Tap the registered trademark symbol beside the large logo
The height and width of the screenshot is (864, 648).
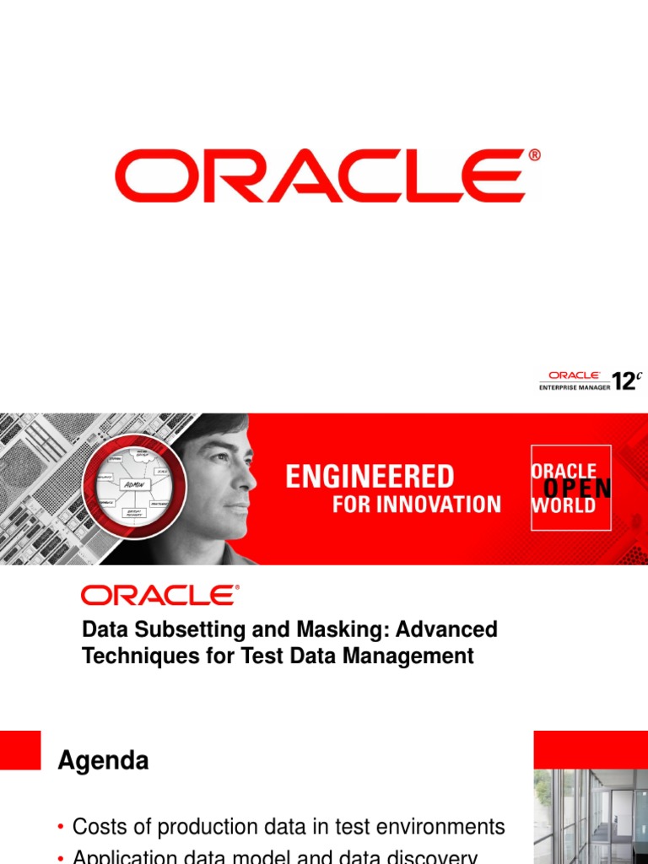tap(534, 155)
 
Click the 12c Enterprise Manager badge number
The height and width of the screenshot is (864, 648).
tap(626, 381)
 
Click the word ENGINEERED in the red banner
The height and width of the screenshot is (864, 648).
tap(370, 477)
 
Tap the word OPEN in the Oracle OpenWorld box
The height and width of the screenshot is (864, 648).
tap(577, 489)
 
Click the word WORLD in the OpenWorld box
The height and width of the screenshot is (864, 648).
tap(563, 506)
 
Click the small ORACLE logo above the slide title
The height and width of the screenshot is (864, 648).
tap(159, 595)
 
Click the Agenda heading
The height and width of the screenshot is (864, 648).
tap(103, 761)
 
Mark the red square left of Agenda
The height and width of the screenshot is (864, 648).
tap(19, 750)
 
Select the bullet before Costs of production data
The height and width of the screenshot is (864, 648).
tap(62, 828)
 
